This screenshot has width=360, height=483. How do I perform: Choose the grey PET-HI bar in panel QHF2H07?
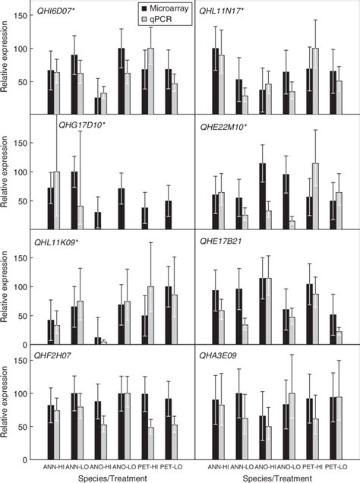click(151, 444)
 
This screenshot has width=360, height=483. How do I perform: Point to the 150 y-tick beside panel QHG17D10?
click(24, 142)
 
